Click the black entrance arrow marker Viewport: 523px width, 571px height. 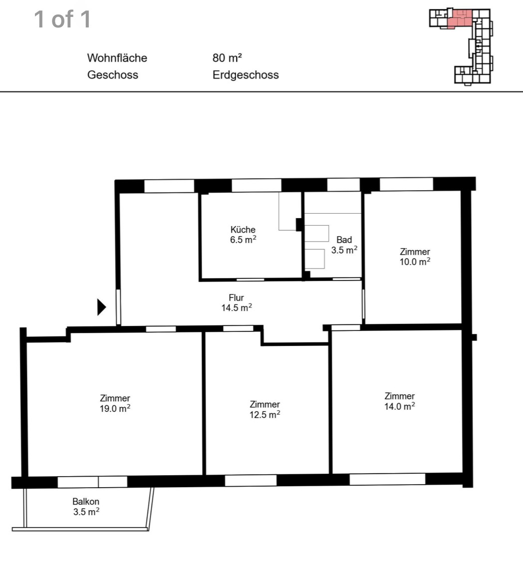tap(102, 307)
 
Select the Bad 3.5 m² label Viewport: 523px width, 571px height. tap(344, 245)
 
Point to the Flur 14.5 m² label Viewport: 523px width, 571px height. tap(237, 302)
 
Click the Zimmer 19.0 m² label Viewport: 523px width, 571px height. tap(115, 403)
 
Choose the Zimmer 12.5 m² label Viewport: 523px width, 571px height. tap(265, 410)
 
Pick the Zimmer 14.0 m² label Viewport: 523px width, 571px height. tap(400, 401)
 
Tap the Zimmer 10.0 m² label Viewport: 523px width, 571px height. tap(415, 257)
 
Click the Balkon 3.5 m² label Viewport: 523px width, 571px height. tap(86, 507)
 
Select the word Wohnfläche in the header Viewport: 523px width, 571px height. tap(117, 58)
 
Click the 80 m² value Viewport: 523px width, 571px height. tap(227, 57)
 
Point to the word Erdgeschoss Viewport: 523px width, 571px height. tap(246, 75)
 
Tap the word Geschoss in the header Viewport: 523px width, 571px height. tap(113, 75)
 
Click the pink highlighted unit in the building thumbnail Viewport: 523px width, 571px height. tap(459, 18)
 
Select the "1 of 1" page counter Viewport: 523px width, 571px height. tap(62, 19)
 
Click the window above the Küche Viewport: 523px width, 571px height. tap(257, 185)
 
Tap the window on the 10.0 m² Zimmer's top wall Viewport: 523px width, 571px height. tap(406, 184)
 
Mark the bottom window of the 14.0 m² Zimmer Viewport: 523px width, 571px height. tap(388, 479)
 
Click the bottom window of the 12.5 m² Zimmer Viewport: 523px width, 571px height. tap(251, 480)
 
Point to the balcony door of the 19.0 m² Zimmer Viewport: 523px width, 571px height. tap(92, 482)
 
